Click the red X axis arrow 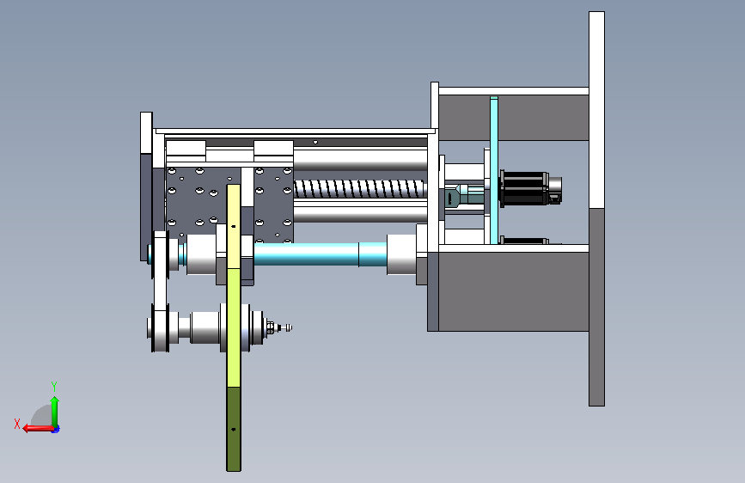(39, 428)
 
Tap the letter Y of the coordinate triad (53, 386)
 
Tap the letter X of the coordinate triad (17, 424)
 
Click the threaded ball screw (360, 189)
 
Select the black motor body (523, 189)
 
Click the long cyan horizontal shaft (320, 254)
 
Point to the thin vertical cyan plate (493, 170)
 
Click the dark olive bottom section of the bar (233, 429)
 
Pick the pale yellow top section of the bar (233, 226)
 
